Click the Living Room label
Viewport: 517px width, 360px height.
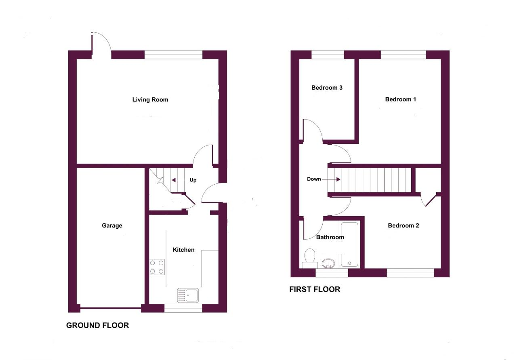[150, 100]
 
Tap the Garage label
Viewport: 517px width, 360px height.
[112, 225]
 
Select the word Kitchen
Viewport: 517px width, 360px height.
[183, 250]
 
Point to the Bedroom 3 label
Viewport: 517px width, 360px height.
[327, 88]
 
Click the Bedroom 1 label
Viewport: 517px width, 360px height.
[400, 99]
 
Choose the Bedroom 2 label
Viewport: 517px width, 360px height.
[403, 225]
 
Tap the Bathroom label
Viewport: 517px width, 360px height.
[330, 237]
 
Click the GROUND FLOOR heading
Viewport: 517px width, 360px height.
[97, 325]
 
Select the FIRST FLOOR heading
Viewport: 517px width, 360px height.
[315, 289]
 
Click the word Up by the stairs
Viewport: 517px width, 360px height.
[193, 180]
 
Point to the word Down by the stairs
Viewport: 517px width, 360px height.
[314, 179]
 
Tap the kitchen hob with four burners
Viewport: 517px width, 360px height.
[157, 267]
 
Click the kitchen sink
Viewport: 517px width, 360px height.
[188, 295]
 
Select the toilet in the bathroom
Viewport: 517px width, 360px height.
[309, 259]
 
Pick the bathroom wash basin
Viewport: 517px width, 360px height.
[328, 263]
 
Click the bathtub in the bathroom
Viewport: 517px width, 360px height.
[350, 244]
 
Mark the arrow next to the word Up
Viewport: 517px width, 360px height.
[180, 180]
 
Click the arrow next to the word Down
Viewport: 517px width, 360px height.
[331, 179]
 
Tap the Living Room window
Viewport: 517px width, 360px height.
[173, 55]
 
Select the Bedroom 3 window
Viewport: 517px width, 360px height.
[328, 55]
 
